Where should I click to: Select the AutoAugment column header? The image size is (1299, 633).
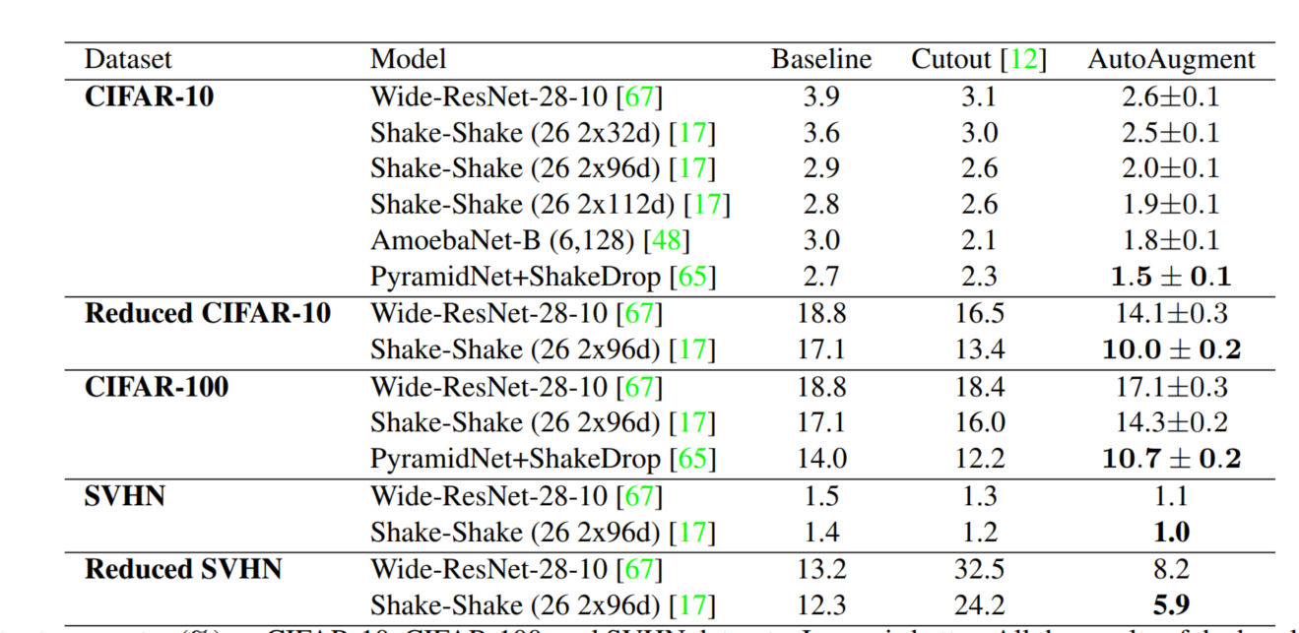(x=1170, y=60)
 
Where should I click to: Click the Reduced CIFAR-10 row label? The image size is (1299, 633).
(x=208, y=314)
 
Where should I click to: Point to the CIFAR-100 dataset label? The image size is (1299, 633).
(x=157, y=387)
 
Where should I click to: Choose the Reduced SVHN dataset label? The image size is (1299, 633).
(x=183, y=569)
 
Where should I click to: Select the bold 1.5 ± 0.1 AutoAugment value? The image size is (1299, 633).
(x=1170, y=278)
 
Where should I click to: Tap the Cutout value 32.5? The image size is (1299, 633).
(x=979, y=569)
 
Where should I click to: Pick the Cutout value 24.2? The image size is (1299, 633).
(x=979, y=605)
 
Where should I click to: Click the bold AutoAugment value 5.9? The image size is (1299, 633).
(x=1170, y=605)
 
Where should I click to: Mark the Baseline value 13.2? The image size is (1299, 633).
(x=820, y=569)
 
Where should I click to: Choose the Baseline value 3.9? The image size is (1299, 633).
(x=820, y=96)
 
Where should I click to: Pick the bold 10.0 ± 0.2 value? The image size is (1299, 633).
(x=1170, y=350)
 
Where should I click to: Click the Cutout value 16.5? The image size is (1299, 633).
(x=979, y=314)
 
